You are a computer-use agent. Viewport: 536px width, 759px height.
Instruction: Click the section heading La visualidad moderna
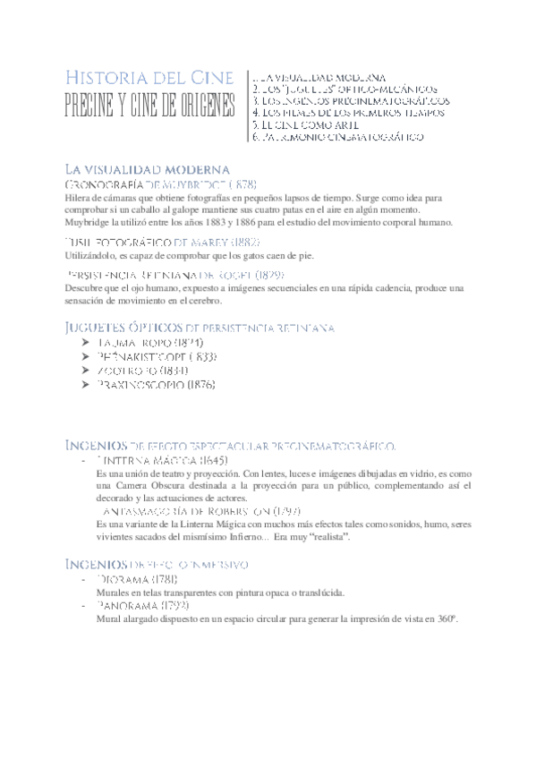coord(148,168)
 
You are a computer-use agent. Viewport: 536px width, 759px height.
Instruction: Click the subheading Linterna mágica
coord(161,460)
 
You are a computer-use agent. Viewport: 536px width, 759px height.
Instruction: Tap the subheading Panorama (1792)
coord(142,605)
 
